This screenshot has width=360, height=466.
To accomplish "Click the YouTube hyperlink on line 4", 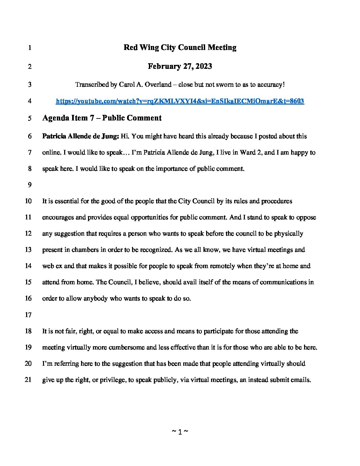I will click(180, 101).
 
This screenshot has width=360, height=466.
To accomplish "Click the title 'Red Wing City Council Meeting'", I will click(180, 47).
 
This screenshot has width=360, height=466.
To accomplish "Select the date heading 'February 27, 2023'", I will click(180, 66).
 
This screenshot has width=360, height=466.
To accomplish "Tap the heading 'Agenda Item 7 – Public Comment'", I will click(102, 118).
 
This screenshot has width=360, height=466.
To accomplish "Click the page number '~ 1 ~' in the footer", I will click(180, 432).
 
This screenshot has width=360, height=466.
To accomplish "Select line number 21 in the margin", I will click(28, 380).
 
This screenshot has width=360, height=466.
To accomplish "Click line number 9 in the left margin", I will click(29, 185).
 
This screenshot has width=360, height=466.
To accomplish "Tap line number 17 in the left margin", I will click(28, 315).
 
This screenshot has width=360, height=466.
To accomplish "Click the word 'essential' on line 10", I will click(61, 201).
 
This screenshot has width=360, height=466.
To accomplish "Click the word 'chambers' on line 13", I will click(85, 250).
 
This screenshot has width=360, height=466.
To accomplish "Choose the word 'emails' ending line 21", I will click(301, 380).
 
